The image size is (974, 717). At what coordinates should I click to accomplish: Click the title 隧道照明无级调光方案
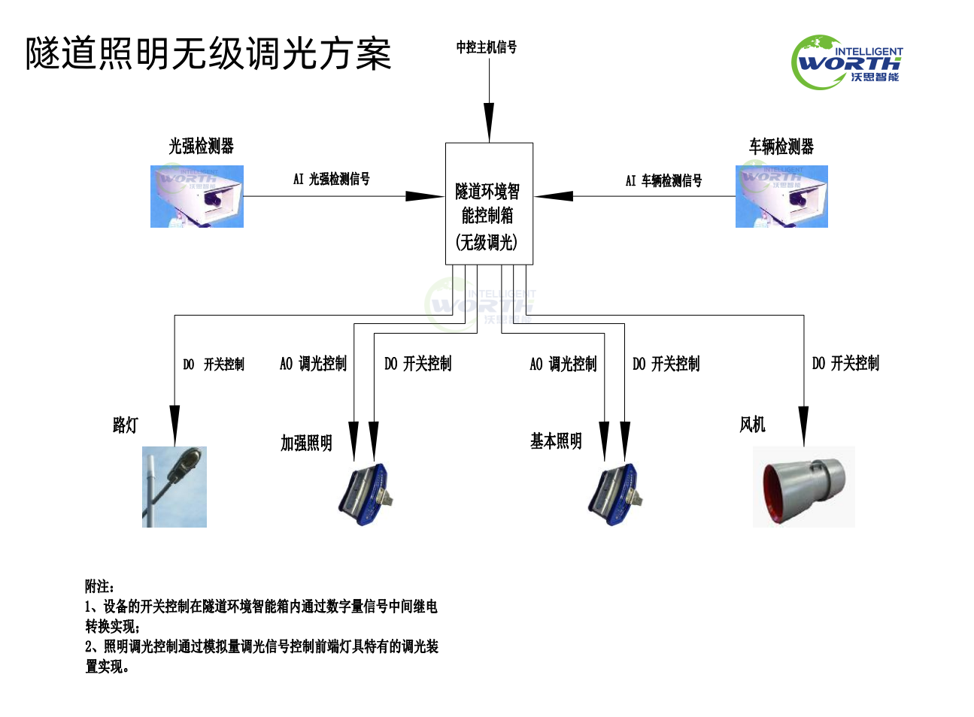208,54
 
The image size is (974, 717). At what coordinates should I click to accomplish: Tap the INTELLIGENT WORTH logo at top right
847,62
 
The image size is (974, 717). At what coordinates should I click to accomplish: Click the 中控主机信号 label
487,47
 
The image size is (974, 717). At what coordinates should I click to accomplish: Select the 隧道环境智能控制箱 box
489,204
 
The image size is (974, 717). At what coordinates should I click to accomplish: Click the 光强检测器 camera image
197,196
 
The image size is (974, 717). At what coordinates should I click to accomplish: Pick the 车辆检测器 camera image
781,196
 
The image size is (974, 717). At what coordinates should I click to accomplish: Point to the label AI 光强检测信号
332,179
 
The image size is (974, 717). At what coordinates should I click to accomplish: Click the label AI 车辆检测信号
663,180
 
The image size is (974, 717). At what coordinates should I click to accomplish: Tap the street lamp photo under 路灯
174,486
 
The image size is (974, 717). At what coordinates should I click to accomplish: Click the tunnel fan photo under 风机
803,486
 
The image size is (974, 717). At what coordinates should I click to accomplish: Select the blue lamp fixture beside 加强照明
366,494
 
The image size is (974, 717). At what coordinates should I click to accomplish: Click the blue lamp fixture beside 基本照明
615,494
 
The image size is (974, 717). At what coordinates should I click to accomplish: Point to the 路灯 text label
126,425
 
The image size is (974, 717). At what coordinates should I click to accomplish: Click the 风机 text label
752,425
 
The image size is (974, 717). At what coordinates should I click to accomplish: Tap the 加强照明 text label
306,443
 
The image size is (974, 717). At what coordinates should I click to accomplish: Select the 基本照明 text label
556,441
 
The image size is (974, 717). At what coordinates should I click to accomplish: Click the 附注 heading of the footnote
99,586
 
